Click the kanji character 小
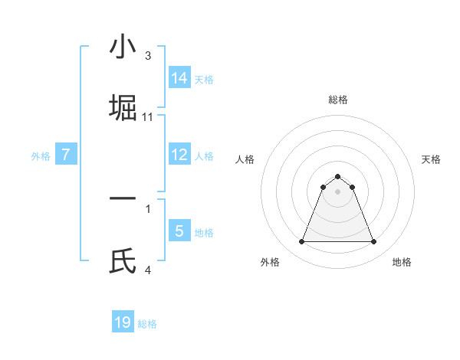(123, 47)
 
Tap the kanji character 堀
(123, 107)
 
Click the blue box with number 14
(179, 77)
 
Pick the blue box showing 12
(179, 154)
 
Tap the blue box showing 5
(179, 231)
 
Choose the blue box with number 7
(66, 154)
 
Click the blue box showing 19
(123, 322)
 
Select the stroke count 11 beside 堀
(148, 117)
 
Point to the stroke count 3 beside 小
(148, 56)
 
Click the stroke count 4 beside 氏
(148, 270)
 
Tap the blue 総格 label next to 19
(147, 324)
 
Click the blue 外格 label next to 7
(41, 155)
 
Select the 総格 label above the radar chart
(337, 100)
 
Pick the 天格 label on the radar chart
(431, 159)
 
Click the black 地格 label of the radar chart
(402, 262)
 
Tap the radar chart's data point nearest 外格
(301, 242)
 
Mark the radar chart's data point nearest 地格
(374, 242)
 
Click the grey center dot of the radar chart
(337, 192)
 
